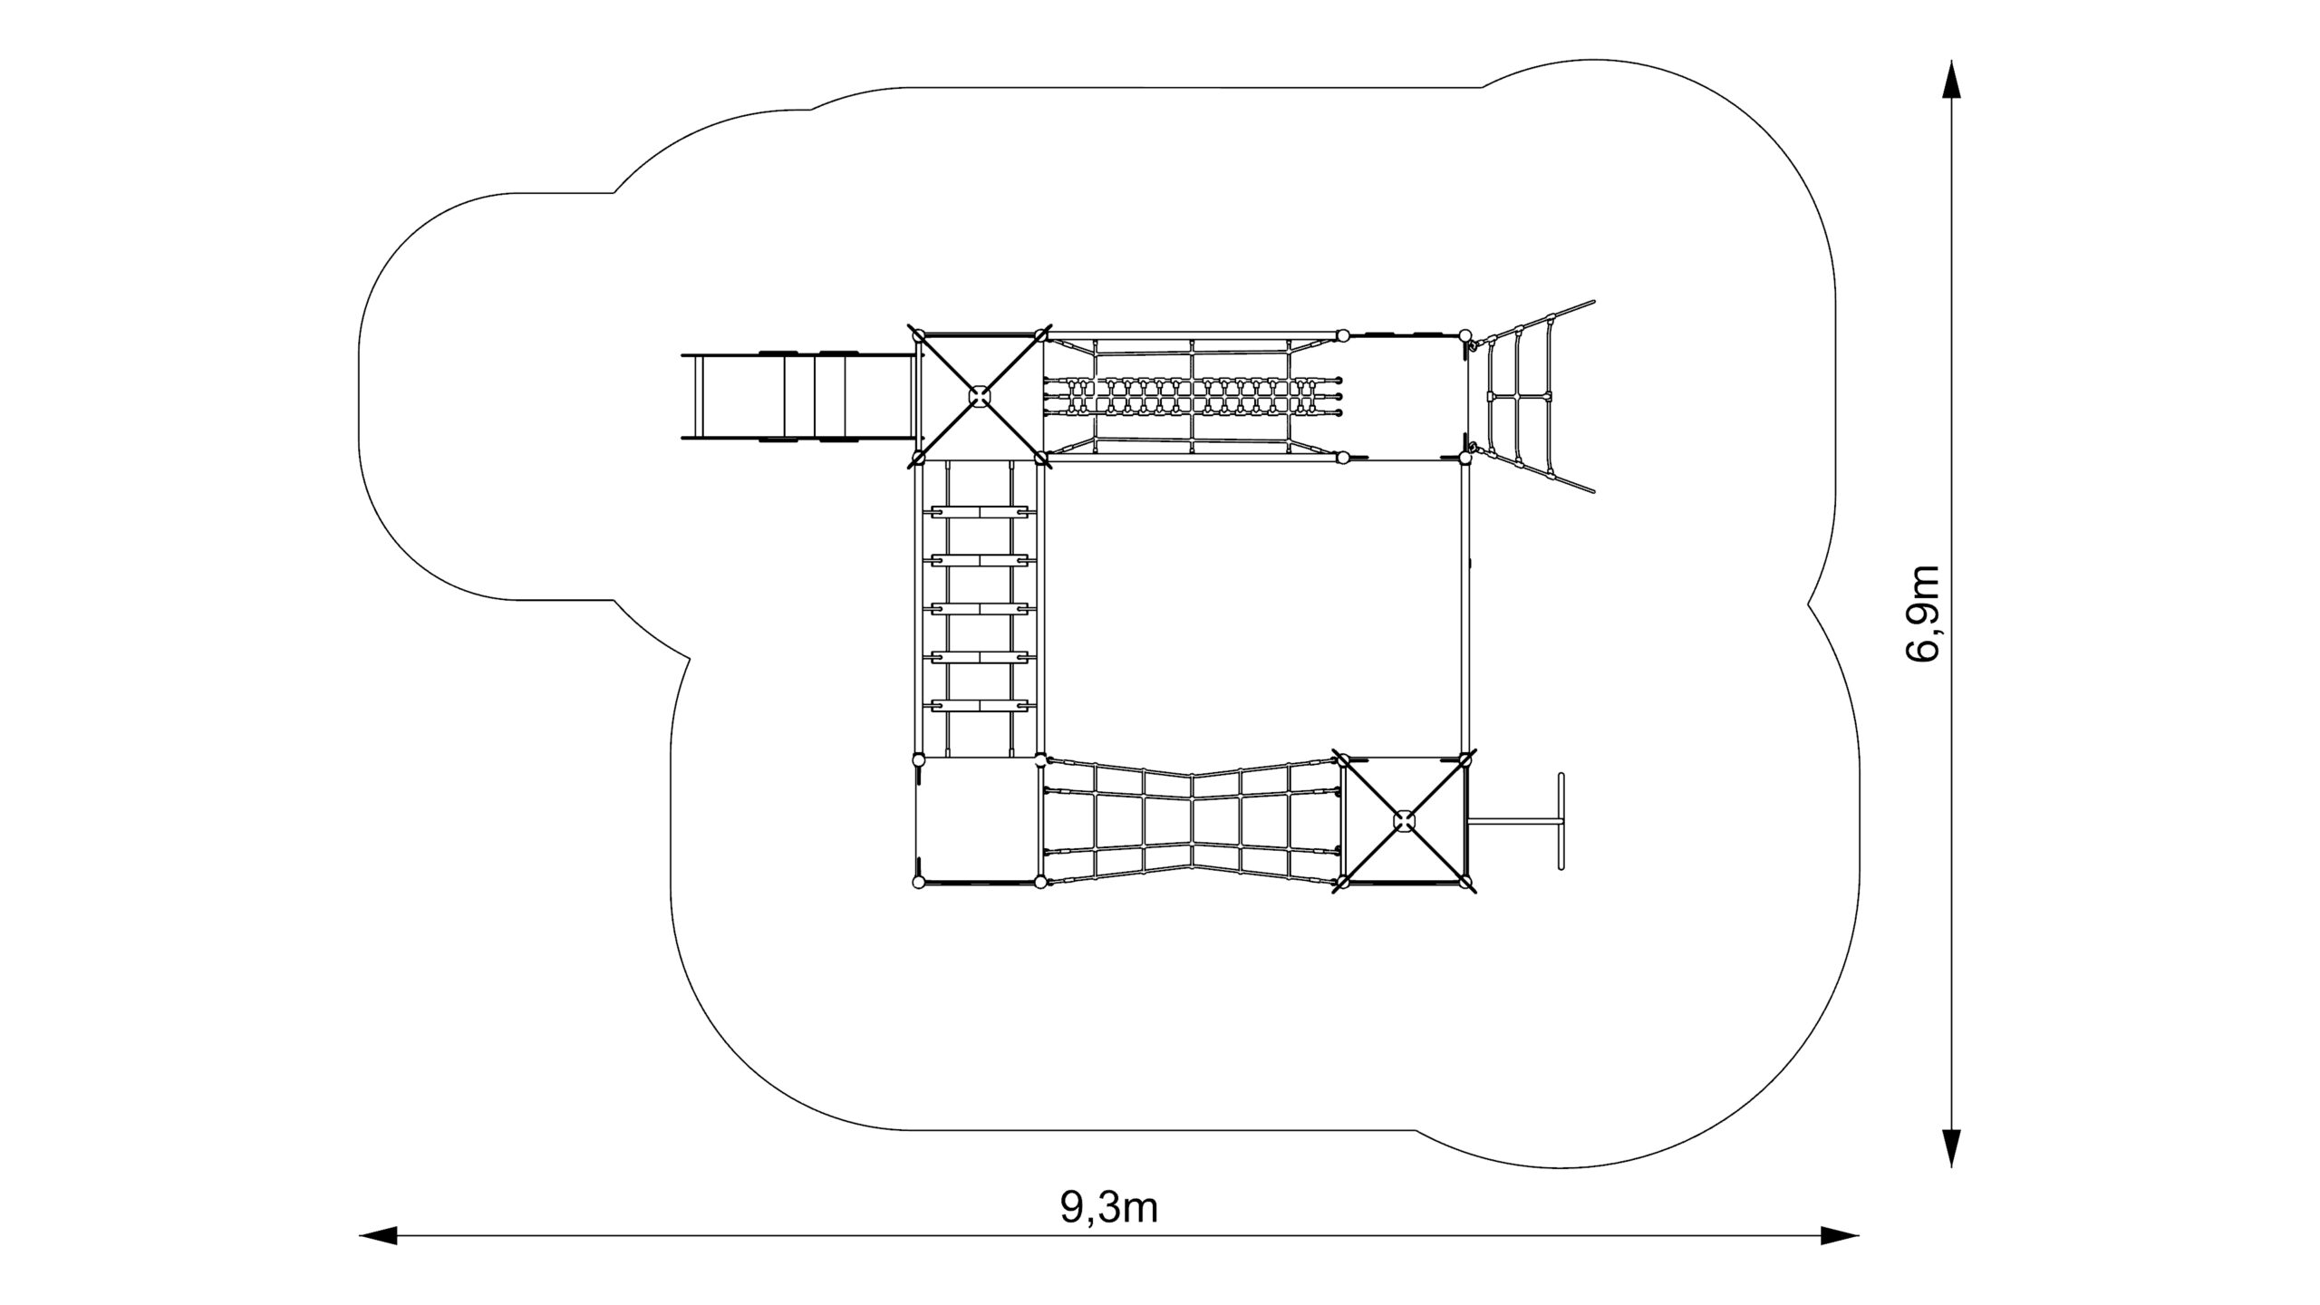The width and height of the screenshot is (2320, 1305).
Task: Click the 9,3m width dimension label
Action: (x=1109, y=1207)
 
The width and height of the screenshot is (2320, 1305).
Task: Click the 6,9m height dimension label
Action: (x=1922, y=613)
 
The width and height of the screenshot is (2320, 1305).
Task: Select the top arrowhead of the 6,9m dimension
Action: (x=1950, y=79)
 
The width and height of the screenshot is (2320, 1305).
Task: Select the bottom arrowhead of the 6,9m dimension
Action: (x=1950, y=1148)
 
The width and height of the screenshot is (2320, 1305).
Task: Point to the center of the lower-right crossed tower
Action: (x=1404, y=821)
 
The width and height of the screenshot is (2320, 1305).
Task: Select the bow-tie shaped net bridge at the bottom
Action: (x=1192, y=821)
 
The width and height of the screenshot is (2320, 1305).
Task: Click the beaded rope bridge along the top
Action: (x=1192, y=396)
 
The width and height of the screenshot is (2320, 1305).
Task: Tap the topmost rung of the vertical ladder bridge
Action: (x=980, y=513)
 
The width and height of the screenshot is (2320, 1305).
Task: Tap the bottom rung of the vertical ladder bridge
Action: (x=980, y=704)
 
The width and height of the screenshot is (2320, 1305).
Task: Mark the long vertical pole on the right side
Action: (x=1464, y=607)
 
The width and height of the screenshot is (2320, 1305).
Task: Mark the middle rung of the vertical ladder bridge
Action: (x=980, y=609)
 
